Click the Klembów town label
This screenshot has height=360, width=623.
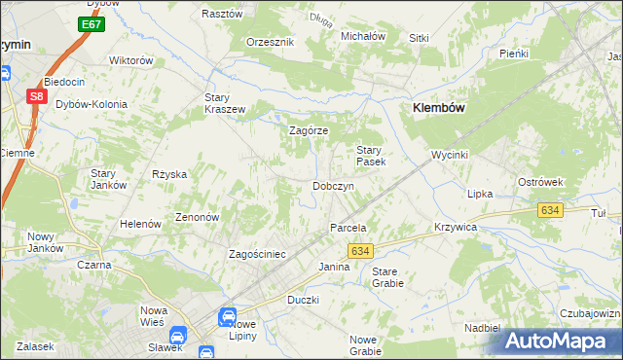pos(445,109)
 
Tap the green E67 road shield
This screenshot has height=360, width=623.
pos(91,23)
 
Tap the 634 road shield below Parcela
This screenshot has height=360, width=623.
pos(360,251)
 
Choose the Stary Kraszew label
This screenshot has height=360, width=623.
pos(224,103)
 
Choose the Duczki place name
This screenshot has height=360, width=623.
pos(303,301)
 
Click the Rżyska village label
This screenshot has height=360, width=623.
pos(168,174)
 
